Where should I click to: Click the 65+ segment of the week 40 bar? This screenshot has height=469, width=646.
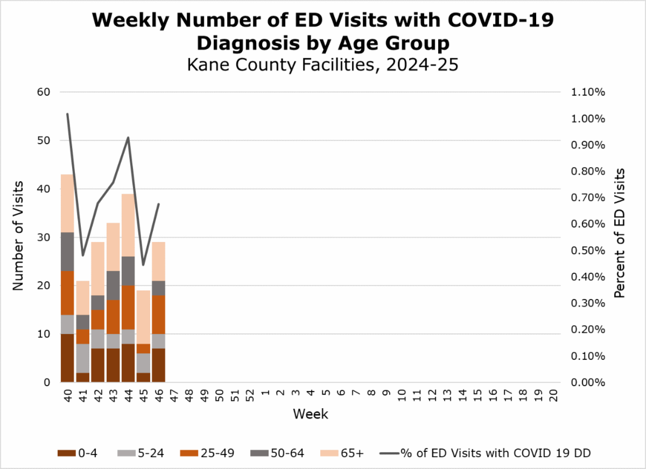(x=67, y=203)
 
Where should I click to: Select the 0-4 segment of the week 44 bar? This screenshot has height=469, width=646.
(x=128, y=363)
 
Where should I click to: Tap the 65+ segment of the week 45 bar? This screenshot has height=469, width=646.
(x=143, y=317)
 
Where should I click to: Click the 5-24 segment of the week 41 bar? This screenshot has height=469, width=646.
(x=82, y=358)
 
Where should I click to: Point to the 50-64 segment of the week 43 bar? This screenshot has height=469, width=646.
(x=113, y=285)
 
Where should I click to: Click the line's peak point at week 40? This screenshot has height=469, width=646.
(x=67, y=113)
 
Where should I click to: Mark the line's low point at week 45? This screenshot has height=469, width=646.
(x=143, y=265)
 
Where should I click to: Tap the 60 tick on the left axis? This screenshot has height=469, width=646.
(x=44, y=92)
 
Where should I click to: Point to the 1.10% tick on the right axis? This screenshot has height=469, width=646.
(x=587, y=92)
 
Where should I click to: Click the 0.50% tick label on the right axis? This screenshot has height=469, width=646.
(x=587, y=251)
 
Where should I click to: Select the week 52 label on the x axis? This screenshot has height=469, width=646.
(x=250, y=396)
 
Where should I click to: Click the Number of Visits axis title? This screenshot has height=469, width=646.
(x=19, y=237)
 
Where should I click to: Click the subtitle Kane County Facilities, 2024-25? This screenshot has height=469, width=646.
(x=322, y=65)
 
